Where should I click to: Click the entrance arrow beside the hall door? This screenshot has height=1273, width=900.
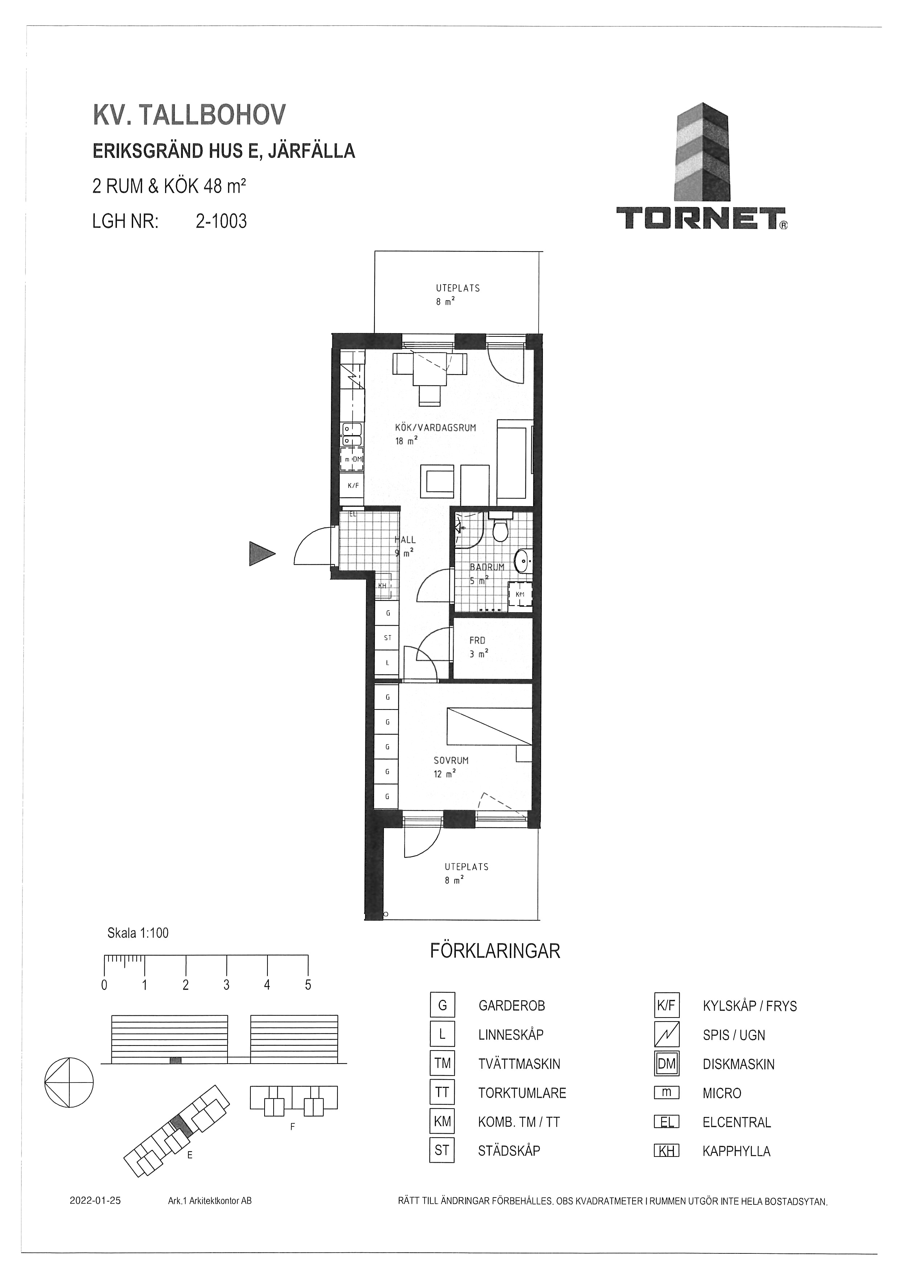coord(262,553)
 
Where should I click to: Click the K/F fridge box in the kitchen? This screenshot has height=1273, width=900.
coord(353,486)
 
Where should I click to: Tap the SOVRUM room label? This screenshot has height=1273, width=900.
coord(451,761)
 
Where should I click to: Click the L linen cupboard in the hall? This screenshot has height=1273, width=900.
coord(388,663)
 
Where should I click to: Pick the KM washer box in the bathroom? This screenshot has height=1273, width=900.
coord(520,594)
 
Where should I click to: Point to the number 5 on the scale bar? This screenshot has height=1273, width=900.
coord(308,985)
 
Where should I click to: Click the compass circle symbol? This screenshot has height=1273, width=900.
coord(69,1082)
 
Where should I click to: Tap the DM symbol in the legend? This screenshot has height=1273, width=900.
coord(667,1064)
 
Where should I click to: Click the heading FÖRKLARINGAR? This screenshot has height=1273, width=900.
coord(495,951)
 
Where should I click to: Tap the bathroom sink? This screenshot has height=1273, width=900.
coord(523,561)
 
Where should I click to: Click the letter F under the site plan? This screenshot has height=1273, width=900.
coord(292,1127)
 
